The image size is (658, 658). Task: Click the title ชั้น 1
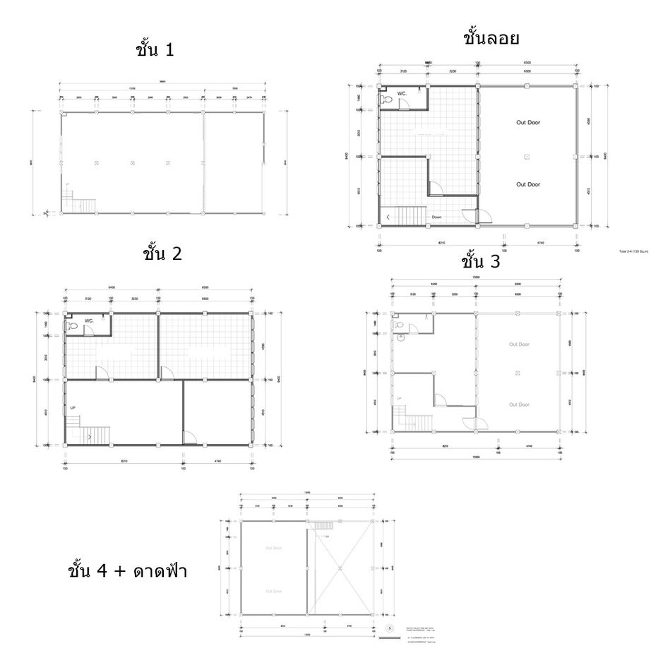154,50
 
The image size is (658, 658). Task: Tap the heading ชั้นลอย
491,37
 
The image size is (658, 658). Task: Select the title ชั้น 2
162,253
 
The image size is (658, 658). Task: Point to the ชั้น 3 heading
481,262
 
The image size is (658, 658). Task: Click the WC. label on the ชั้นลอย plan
402,93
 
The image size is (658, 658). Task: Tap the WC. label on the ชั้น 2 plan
90,321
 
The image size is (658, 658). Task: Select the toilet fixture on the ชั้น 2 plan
72,327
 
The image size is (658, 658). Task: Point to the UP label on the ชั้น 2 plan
73,408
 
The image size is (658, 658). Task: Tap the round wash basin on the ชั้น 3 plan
400,337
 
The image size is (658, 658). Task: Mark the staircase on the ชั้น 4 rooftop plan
323,526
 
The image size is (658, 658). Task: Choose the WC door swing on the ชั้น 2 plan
89,332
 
